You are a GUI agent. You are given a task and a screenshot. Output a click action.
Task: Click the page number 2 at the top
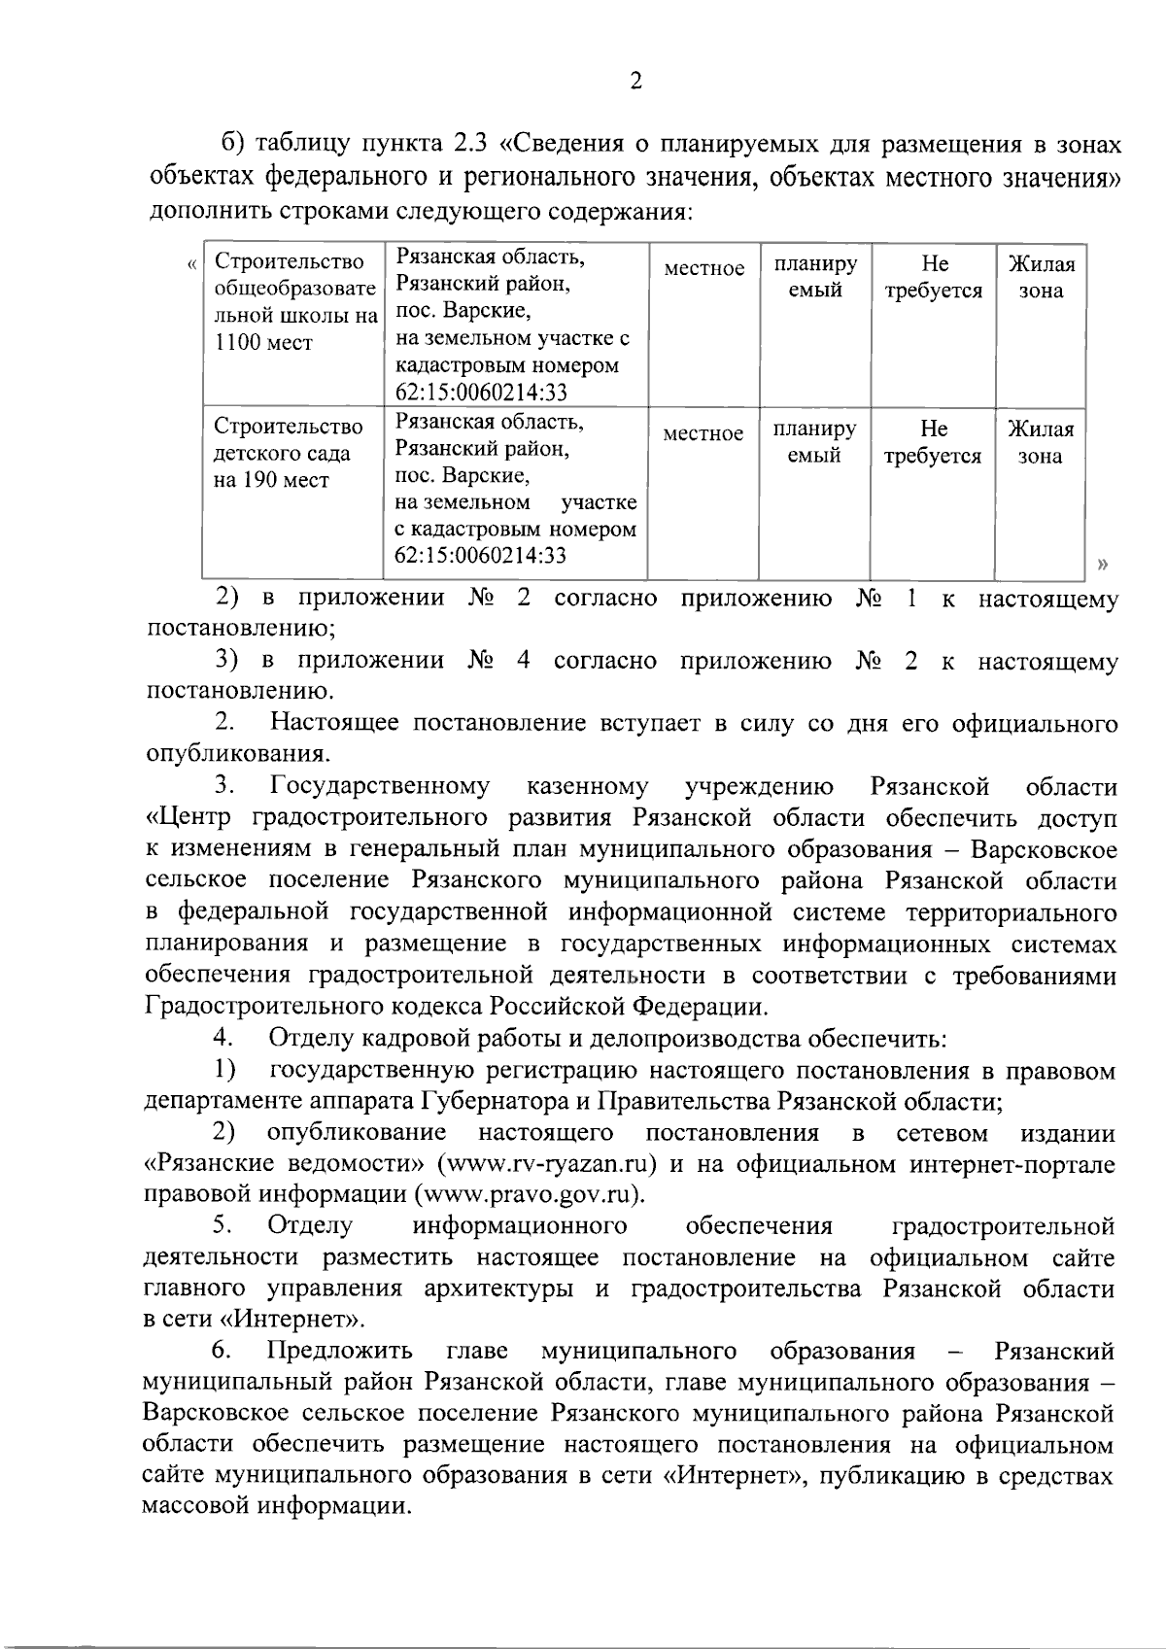(635, 82)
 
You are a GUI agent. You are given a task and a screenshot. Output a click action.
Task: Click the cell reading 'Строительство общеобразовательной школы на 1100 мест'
(294, 302)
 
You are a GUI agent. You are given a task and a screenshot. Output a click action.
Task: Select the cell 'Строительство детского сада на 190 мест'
(289, 453)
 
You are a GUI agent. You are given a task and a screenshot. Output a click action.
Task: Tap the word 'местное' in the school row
(704, 268)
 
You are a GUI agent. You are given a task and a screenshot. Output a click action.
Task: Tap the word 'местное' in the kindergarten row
(703, 433)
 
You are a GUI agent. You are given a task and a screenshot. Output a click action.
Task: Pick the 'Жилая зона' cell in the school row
(1041, 277)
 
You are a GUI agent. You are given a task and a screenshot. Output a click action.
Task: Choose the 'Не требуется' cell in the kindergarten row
(933, 442)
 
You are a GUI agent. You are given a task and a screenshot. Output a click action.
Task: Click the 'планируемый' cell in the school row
(815, 277)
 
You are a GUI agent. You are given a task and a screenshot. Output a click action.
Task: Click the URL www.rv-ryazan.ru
(548, 1163)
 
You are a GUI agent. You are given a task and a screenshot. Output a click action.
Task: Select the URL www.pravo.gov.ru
(531, 1194)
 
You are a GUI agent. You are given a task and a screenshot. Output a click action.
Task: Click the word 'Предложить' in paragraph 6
(340, 1351)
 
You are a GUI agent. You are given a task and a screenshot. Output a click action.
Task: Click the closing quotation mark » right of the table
(1101, 564)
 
